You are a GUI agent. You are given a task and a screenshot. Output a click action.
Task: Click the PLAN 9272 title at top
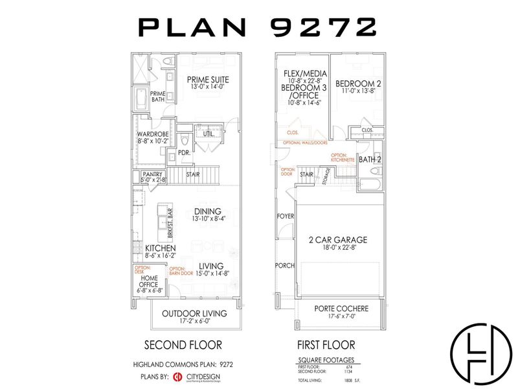258,27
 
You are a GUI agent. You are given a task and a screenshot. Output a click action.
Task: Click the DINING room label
207,211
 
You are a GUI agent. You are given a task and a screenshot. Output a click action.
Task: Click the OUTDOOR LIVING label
194,313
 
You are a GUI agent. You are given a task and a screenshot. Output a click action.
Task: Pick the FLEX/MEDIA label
302,73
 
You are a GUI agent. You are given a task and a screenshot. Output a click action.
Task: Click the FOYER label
286,216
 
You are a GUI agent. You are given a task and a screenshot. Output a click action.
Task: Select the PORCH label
286,265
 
